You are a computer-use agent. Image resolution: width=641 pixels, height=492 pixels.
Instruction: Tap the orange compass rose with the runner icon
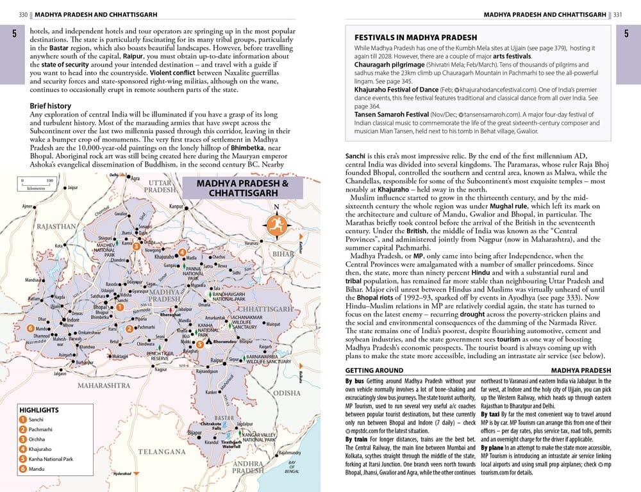[276, 224]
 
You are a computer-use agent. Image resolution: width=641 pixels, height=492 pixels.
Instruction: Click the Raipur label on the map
[217, 361]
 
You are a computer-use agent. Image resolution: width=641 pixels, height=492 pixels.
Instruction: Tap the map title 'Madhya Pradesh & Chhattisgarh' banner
[242, 188]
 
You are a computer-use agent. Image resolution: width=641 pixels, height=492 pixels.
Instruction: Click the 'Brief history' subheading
[51, 106]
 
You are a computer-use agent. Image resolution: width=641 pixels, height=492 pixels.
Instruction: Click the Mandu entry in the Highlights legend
[37, 469]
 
